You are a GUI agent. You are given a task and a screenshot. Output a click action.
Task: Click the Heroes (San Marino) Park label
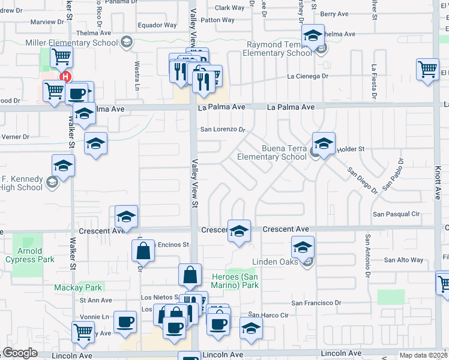[x=235, y=281]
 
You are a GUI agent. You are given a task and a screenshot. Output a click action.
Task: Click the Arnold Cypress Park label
[x=29, y=255]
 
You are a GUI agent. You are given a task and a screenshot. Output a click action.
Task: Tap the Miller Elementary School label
[x=71, y=43]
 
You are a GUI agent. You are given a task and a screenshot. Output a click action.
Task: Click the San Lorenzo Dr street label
[x=223, y=129]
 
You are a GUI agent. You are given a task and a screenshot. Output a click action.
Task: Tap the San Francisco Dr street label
[x=316, y=303]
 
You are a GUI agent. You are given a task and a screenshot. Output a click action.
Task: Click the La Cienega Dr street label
[x=308, y=76]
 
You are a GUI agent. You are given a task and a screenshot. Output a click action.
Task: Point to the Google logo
[x=20, y=353]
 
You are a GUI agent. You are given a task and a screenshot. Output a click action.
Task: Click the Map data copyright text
[x=424, y=355]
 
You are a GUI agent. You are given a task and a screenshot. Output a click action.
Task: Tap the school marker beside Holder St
[x=324, y=144]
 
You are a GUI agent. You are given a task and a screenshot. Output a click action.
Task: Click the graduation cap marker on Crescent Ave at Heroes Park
[x=239, y=230]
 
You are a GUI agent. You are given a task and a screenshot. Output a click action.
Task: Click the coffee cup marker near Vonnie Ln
[x=125, y=322]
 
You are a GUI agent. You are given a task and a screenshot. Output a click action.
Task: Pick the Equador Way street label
[x=157, y=25]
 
